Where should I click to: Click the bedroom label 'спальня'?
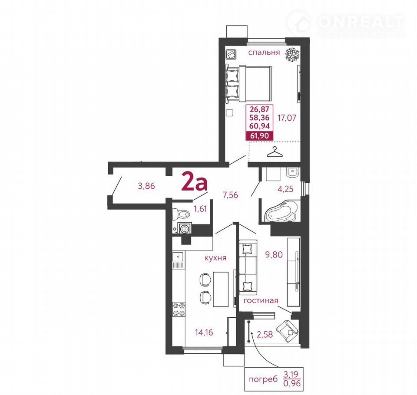tap(264, 53)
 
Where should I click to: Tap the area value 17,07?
tap(287, 118)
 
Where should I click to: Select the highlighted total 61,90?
tap(259, 136)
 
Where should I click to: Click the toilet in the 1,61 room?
tap(181, 214)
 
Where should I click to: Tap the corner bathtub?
tap(281, 211)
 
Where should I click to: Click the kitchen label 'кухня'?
tap(215, 257)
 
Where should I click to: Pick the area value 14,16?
tap(204, 332)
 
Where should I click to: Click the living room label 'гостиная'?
tap(261, 301)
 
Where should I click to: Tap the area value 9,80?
tap(274, 255)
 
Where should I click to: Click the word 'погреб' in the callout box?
tap(263, 379)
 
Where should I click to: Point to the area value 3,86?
tap(146, 186)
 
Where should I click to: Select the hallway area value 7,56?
tap(230, 195)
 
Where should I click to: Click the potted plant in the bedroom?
tap(292, 55)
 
